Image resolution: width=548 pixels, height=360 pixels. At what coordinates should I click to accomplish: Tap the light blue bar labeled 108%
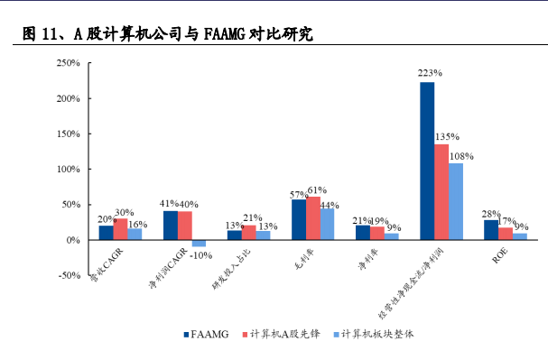click(x=456, y=201)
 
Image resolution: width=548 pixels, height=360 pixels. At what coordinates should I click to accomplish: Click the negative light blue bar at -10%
click(x=199, y=244)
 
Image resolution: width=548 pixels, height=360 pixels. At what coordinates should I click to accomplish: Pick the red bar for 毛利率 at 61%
click(x=313, y=218)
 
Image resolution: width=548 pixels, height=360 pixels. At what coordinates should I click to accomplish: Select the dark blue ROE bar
click(x=491, y=230)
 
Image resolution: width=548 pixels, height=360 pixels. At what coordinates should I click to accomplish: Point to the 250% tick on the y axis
click(x=69, y=63)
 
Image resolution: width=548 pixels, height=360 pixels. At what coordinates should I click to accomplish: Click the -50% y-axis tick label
click(x=69, y=276)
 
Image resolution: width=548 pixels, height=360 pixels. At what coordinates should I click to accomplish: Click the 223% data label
click(x=429, y=73)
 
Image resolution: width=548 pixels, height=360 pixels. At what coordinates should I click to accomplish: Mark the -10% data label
click(x=201, y=254)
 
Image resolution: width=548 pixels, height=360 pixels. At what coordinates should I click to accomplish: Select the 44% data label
click(x=330, y=206)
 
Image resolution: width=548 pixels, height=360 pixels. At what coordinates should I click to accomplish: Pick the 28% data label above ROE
click(x=490, y=212)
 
